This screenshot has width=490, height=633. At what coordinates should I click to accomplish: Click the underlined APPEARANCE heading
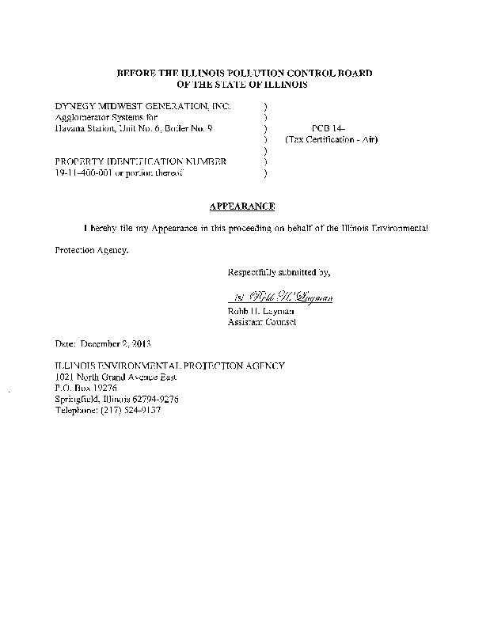[x=242, y=207]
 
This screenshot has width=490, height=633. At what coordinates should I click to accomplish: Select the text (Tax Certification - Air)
[x=332, y=139]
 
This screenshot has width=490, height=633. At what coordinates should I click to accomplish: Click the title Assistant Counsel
[x=262, y=322]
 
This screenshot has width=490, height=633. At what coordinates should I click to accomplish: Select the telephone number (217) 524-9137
[x=131, y=411]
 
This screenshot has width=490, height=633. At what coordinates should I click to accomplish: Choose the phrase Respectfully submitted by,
[x=279, y=272]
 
